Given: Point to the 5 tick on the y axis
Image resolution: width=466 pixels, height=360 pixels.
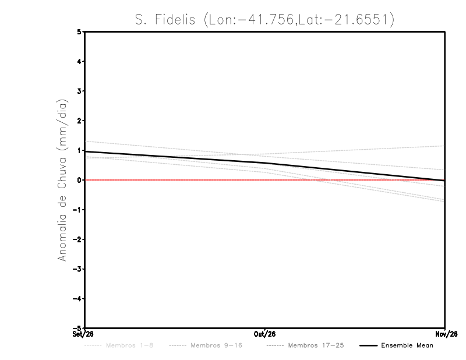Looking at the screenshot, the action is (79, 31).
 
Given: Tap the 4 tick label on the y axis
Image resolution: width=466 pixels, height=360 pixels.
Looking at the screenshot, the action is (79, 61).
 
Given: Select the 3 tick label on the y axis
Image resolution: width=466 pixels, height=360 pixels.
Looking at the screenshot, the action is (79, 91).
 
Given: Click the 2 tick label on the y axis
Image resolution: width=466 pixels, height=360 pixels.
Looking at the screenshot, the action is (79, 121).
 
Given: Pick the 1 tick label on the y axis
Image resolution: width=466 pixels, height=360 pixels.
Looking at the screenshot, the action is (79, 150).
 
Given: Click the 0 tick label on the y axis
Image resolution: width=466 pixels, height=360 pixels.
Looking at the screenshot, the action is (79, 180).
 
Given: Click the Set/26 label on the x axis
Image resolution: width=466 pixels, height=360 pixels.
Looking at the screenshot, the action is (83, 334).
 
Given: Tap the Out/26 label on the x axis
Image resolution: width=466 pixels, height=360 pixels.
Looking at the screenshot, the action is (264, 334).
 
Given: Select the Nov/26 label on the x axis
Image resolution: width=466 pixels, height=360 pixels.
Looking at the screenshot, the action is (446, 334).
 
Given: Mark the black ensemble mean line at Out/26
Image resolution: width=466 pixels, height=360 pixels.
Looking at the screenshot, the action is (265, 163).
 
